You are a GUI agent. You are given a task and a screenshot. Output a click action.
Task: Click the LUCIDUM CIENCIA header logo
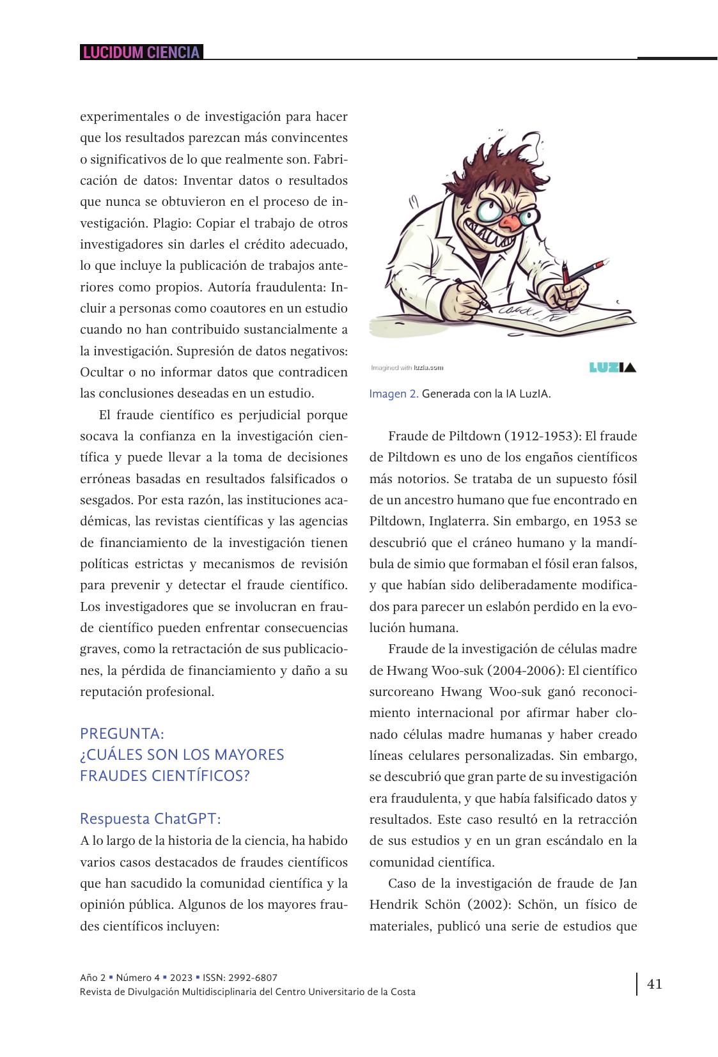pos(141,52)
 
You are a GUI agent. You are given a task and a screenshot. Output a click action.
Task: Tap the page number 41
pos(654,984)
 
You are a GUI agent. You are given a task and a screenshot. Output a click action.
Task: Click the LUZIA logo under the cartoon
pos(612,367)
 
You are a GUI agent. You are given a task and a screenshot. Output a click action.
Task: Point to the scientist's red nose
pos(509,222)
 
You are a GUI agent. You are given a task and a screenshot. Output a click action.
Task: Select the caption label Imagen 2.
pos(393,394)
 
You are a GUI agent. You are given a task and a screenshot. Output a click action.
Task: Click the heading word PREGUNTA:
pos(122,733)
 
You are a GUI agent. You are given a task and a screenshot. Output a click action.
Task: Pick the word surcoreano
pos(402,691)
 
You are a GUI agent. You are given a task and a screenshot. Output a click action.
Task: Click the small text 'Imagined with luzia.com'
pos(407,367)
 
